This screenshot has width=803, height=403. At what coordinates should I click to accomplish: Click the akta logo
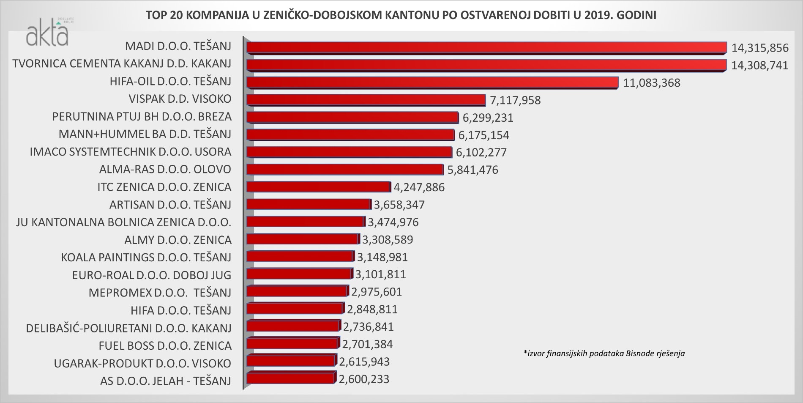(x=46, y=34)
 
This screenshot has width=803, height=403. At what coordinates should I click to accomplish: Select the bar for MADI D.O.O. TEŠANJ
(x=486, y=47)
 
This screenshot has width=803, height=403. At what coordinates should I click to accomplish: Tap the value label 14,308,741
(x=760, y=65)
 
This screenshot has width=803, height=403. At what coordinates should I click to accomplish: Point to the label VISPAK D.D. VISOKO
(x=180, y=99)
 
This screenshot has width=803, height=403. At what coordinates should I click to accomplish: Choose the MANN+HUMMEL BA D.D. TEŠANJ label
(x=145, y=134)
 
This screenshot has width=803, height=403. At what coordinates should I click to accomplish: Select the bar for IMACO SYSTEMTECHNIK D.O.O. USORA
(x=349, y=152)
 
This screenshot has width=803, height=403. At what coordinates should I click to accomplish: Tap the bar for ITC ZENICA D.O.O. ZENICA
(x=318, y=187)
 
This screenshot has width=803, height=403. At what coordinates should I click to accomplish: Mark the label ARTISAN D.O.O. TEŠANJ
(x=170, y=205)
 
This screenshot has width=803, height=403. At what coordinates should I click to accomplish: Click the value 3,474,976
(x=393, y=222)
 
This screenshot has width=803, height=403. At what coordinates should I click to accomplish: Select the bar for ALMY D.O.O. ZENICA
(x=302, y=240)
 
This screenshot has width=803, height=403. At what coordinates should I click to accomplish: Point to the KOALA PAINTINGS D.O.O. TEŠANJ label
(x=146, y=257)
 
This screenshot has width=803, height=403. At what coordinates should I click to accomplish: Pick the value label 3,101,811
(x=380, y=274)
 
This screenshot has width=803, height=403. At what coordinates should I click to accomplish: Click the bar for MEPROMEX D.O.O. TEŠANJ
(x=296, y=292)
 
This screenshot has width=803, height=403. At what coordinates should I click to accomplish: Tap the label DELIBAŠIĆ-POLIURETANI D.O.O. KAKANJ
(x=128, y=328)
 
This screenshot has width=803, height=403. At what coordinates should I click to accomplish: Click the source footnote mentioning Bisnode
(x=604, y=353)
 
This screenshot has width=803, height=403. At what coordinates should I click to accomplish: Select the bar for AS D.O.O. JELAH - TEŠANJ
(x=290, y=378)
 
